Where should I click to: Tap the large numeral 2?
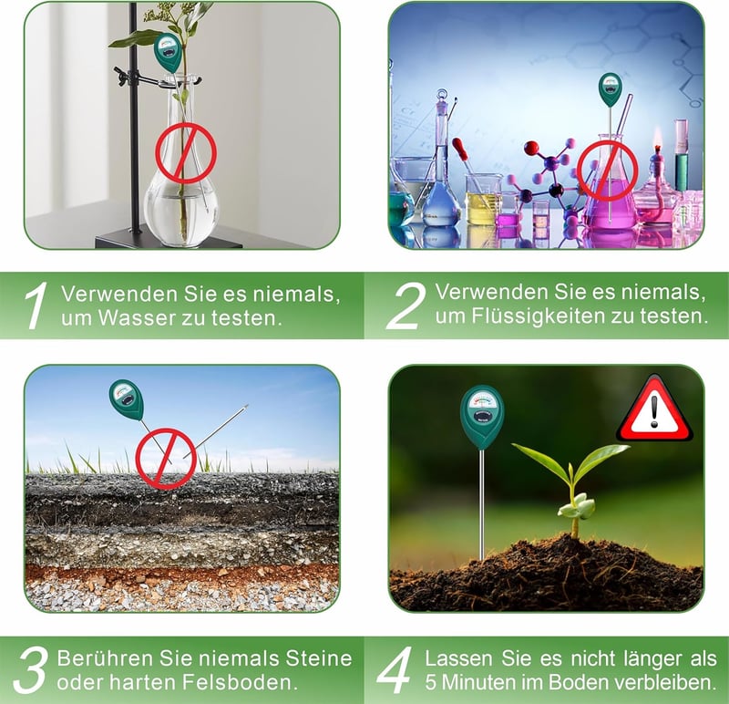coord(406,305)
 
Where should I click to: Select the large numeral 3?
coord(31,670)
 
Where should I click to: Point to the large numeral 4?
coord(395,670)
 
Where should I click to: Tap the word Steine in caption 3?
coord(318,658)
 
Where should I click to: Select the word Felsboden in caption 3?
coord(240,683)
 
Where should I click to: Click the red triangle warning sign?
coord(654,409)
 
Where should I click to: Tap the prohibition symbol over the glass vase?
coord(186,152)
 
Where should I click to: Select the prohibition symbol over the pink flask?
coord(607,171)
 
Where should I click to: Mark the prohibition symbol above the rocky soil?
coord(166,459)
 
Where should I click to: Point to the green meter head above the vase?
coord(169,51)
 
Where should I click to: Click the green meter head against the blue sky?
coord(127,399)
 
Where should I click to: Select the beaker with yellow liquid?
coord(483,200)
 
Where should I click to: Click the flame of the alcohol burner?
coord(657,138)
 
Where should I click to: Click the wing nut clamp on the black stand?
coord(122,75)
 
